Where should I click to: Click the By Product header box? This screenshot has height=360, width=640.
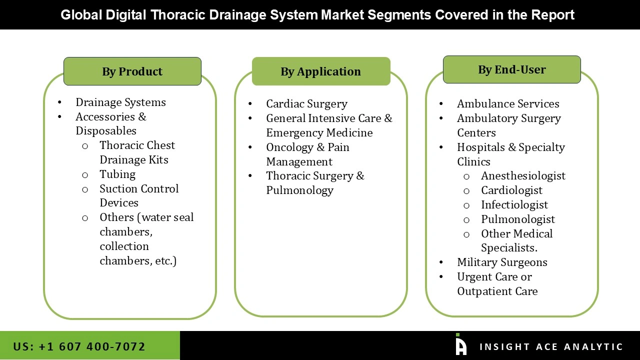132,71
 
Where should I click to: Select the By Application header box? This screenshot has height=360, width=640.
320,71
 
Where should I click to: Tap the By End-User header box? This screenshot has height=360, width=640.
511,69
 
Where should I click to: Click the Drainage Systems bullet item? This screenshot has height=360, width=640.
120,102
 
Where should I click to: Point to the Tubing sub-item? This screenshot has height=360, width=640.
117,174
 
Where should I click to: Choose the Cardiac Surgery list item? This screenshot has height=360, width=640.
306,103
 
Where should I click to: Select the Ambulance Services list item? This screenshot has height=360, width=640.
508,103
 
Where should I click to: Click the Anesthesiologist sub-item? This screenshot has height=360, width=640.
523,175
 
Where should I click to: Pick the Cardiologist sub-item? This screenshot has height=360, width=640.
511,190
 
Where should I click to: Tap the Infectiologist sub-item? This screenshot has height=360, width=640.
514,204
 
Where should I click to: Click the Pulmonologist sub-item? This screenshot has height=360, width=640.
518,219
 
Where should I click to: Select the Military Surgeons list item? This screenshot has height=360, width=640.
502,262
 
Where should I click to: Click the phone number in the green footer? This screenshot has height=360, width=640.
79,346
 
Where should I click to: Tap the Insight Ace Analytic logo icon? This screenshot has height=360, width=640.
460,344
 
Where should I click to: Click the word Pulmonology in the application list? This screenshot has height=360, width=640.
299,190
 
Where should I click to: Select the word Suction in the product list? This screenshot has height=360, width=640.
118,188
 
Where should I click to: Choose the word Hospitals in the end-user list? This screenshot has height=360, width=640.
481,147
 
